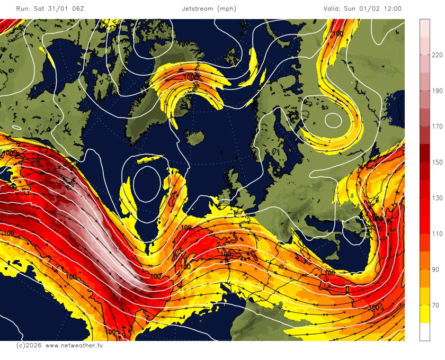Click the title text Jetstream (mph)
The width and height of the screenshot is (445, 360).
tap(209, 8)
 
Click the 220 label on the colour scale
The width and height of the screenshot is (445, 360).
tap(437, 55)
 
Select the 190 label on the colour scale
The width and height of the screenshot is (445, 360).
tap(437, 91)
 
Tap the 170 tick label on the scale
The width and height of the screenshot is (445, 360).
tap(437, 127)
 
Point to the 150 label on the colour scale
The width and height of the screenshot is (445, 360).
tap(437, 163)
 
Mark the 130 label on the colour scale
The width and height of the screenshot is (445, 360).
tap(437, 198)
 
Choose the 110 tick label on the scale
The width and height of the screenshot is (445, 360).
tap(437, 234)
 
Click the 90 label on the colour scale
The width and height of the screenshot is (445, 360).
tap(435, 269)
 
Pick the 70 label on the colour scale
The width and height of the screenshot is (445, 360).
tap(435, 305)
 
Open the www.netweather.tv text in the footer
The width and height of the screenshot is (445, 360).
tap(74, 345)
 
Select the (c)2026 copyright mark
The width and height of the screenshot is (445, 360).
tap(28, 345)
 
